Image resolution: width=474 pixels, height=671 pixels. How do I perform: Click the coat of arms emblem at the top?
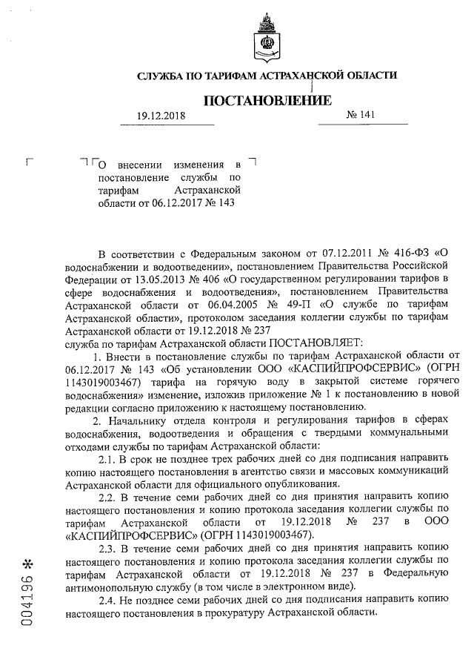pyautogui.click(x=265, y=41)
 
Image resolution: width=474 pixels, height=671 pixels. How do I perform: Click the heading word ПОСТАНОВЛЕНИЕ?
pyautogui.click(x=264, y=100)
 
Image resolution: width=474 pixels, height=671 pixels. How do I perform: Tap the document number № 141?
pyautogui.click(x=361, y=116)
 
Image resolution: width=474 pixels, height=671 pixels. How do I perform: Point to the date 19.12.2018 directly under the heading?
pyautogui.click(x=162, y=116)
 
